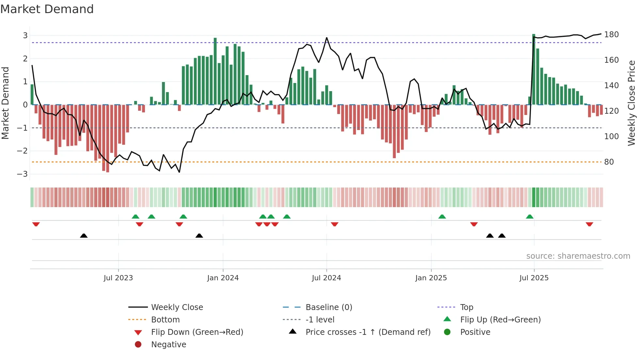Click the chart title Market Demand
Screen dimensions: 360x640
[x=47, y=9]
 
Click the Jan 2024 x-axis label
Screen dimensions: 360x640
[x=223, y=278]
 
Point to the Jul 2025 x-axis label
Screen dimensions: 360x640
[x=534, y=278]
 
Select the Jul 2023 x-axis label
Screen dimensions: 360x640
[x=118, y=278]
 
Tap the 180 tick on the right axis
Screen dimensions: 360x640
[x=611, y=35]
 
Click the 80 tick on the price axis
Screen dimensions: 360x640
[x=609, y=162]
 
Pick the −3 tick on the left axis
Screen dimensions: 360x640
[x=22, y=174]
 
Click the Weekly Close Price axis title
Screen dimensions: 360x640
[x=632, y=103]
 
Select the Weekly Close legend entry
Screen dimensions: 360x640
[x=177, y=307]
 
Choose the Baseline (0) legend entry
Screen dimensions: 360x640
[x=328, y=307]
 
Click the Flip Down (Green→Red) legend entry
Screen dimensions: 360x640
[x=197, y=332]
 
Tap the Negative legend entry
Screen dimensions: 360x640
[x=168, y=345]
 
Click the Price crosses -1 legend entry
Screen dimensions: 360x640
[x=368, y=332]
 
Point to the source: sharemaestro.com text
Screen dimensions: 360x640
[x=578, y=256]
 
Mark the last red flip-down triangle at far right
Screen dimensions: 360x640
[x=589, y=224]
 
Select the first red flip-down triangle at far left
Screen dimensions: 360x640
[x=36, y=224]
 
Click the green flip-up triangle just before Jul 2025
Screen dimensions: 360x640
[x=530, y=217]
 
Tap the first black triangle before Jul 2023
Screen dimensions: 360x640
[x=84, y=236]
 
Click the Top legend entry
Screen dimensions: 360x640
[x=466, y=307]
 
